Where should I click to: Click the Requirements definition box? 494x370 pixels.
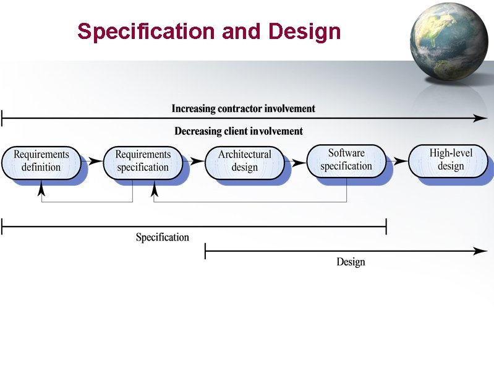41,161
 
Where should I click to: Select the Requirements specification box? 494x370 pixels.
143,161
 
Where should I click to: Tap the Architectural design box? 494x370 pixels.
244,161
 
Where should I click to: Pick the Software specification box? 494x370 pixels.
346,160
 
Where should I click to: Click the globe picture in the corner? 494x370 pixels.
449,41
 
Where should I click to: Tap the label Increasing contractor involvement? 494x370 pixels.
243,109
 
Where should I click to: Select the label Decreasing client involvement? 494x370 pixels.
239,131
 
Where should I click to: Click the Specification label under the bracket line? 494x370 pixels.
163,238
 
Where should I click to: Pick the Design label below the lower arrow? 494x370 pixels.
351,262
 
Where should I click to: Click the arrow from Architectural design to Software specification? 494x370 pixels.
299,162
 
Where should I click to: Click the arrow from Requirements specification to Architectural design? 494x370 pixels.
197,161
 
